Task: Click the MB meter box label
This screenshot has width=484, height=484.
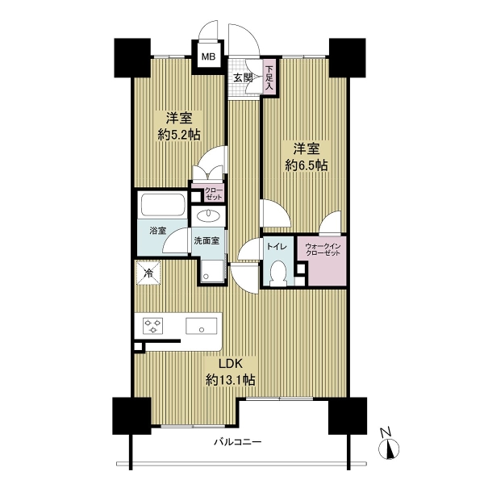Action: (208, 56)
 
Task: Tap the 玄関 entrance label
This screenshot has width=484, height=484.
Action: (243, 77)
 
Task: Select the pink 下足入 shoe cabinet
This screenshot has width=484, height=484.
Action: (269, 77)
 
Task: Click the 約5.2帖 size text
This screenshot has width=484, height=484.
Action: (179, 135)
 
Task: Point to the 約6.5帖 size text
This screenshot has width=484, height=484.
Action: (306, 165)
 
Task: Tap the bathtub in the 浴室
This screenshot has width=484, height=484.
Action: (163, 205)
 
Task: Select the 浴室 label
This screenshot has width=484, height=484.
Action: (158, 231)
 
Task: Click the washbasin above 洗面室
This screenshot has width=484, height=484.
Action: (208, 215)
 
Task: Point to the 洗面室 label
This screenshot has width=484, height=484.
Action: (207, 240)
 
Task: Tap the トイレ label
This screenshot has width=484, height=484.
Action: (277, 247)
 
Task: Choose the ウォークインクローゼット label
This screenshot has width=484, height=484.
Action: (323, 249)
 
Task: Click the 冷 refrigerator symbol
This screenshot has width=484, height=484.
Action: (148, 273)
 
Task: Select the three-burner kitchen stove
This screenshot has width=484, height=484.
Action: (153, 326)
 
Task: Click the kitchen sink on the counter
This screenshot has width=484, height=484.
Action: (201, 326)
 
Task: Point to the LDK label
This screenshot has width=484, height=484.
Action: (230, 364)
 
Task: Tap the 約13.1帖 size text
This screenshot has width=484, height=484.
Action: (230, 380)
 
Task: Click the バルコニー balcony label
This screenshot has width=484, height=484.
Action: (238, 442)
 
